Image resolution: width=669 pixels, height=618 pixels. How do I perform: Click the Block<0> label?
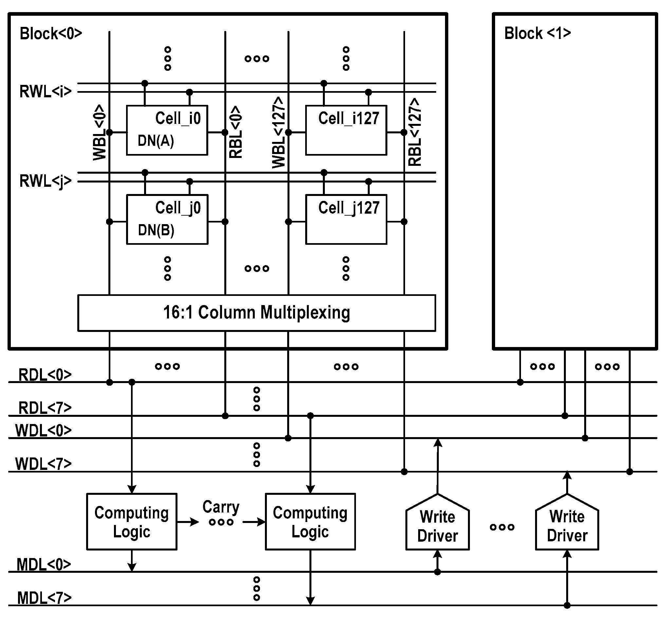pyautogui.click(x=51, y=33)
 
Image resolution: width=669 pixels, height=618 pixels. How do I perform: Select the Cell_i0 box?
pyautogui.click(x=167, y=130)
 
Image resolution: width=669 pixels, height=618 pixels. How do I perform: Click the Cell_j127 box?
pyautogui.click(x=346, y=219)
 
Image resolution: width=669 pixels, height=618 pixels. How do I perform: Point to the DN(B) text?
pyautogui.click(x=156, y=230)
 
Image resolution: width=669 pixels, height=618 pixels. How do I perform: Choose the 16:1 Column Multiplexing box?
pyautogui.click(x=256, y=313)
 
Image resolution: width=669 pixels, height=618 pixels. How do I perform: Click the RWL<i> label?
pyautogui.click(x=46, y=91)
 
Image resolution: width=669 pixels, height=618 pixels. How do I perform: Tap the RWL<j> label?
pyautogui.click(x=46, y=181)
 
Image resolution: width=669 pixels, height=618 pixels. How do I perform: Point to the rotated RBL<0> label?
pyautogui.click(x=235, y=132)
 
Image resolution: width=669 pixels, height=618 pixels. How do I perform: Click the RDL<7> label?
pyautogui.click(x=45, y=408)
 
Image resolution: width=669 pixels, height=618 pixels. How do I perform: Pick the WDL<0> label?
pyautogui.click(x=44, y=430)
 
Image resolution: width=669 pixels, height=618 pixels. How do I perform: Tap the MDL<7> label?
pyautogui.click(x=44, y=598)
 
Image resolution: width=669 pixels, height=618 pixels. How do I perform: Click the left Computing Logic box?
pyautogui.click(x=132, y=522)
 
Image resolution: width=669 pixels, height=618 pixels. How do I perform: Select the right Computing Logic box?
pyautogui.click(x=310, y=522)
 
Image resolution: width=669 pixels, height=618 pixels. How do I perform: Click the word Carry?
pyautogui.click(x=221, y=507)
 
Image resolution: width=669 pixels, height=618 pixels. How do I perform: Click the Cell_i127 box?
pyautogui.click(x=346, y=130)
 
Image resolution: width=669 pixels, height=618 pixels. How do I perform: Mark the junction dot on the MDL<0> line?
pyautogui.click(x=437, y=572)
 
